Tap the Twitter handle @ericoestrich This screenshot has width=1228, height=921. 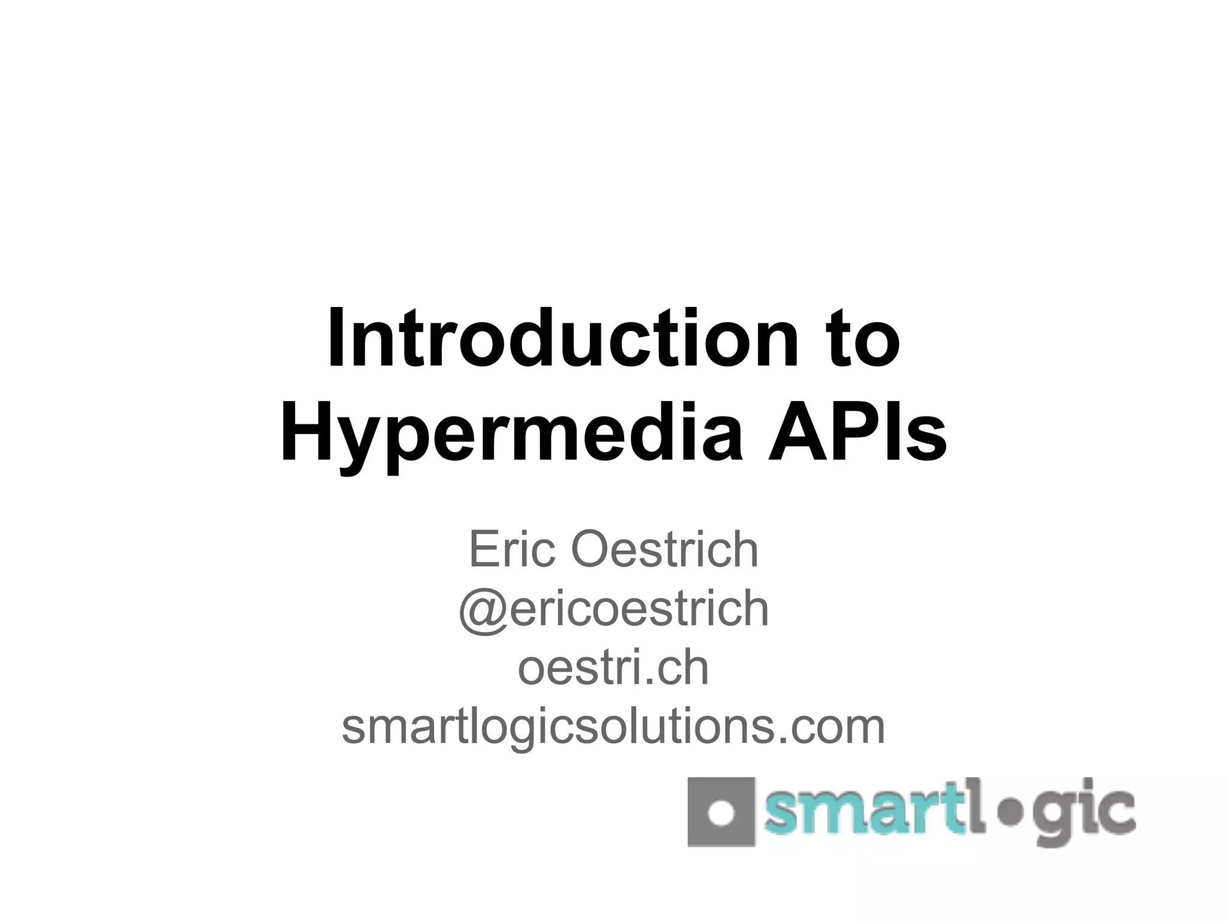click(x=613, y=607)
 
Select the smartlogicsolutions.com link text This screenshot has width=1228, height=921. click(x=613, y=726)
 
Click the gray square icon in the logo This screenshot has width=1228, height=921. click(x=720, y=812)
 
